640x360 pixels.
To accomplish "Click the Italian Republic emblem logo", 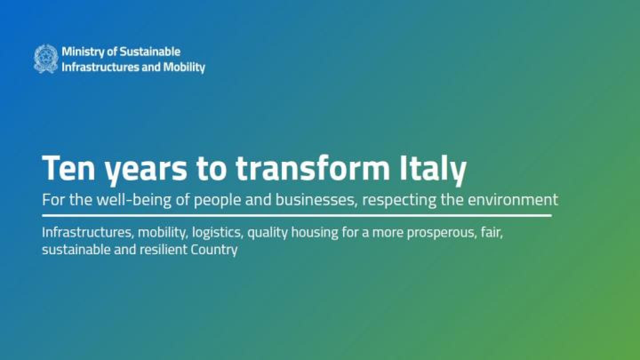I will click(46, 59).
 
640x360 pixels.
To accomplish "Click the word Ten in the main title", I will click(66, 168).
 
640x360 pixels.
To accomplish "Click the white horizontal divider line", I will click(296, 216).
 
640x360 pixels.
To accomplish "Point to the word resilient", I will click(163, 249).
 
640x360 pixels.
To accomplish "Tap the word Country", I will click(214, 250).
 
